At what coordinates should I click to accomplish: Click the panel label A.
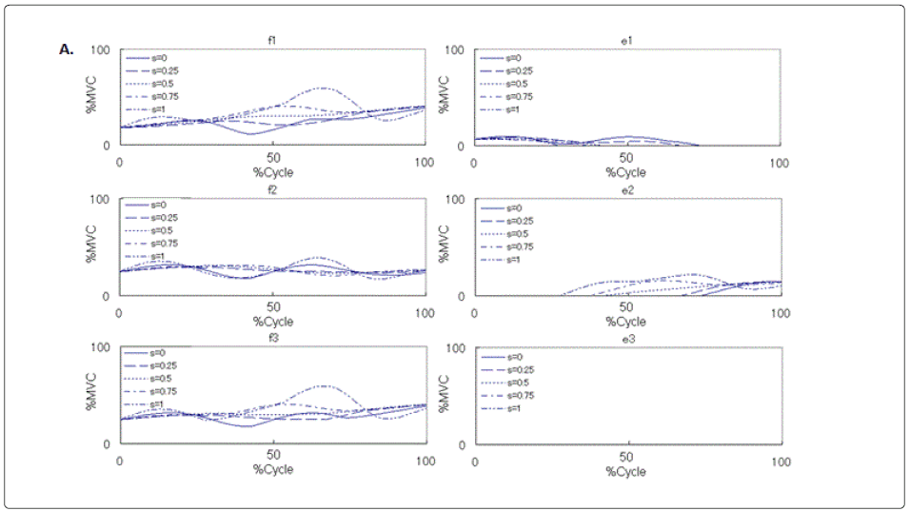pos(67,49)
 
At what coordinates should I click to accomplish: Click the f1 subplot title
pos(272,40)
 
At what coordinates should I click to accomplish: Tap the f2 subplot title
pos(272,189)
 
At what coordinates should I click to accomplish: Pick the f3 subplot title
pos(272,338)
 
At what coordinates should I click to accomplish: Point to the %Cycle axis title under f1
pos(272,172)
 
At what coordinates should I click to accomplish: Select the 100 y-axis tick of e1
pos(455,49)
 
